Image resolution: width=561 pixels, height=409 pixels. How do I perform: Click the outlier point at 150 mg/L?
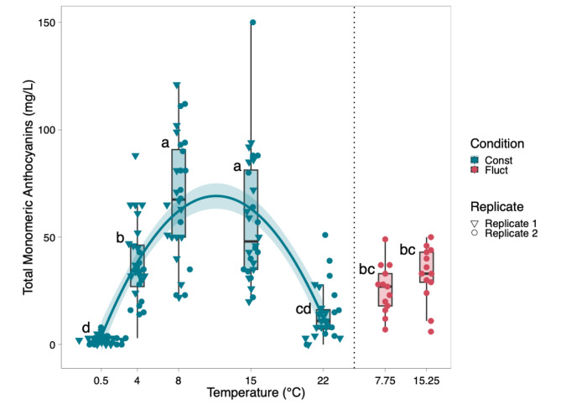[252, 23]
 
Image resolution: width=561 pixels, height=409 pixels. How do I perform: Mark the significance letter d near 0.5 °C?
[86, 327]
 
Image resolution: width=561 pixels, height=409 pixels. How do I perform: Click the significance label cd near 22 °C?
[304, 309]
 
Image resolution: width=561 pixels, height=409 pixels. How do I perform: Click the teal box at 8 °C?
[179, 193]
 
